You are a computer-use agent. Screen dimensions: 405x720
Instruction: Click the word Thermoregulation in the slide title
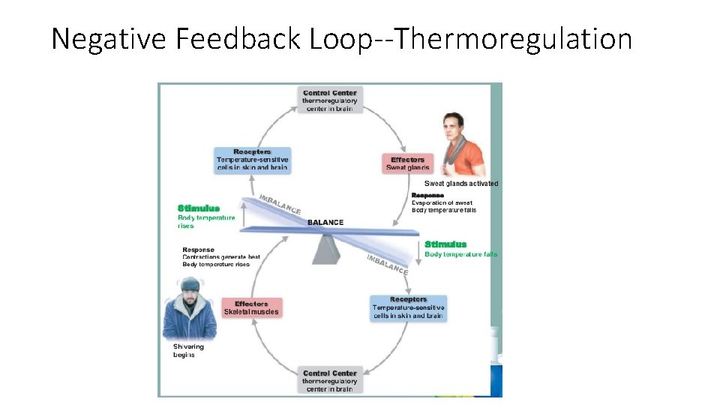(512, 39)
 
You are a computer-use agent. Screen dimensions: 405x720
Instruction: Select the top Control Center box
(330, 100)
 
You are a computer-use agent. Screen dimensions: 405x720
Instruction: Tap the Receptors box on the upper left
(252, 159)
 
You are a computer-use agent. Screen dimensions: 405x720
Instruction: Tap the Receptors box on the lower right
(408, 307)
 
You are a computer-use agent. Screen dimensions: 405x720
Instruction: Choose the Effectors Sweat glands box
(407, 163)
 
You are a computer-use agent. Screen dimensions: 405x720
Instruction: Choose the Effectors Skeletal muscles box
(251, 307)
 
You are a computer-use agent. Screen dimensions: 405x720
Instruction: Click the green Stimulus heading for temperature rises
(199, 208)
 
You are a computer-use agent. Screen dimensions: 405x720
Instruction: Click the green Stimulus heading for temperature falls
(445, 244)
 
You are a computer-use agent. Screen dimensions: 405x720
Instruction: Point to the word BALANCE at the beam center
(325, 222)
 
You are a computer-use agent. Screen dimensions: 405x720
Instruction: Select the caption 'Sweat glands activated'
(460, 184)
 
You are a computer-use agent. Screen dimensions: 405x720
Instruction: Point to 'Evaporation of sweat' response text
(442, 202)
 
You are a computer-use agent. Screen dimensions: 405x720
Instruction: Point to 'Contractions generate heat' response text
(221, 257)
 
